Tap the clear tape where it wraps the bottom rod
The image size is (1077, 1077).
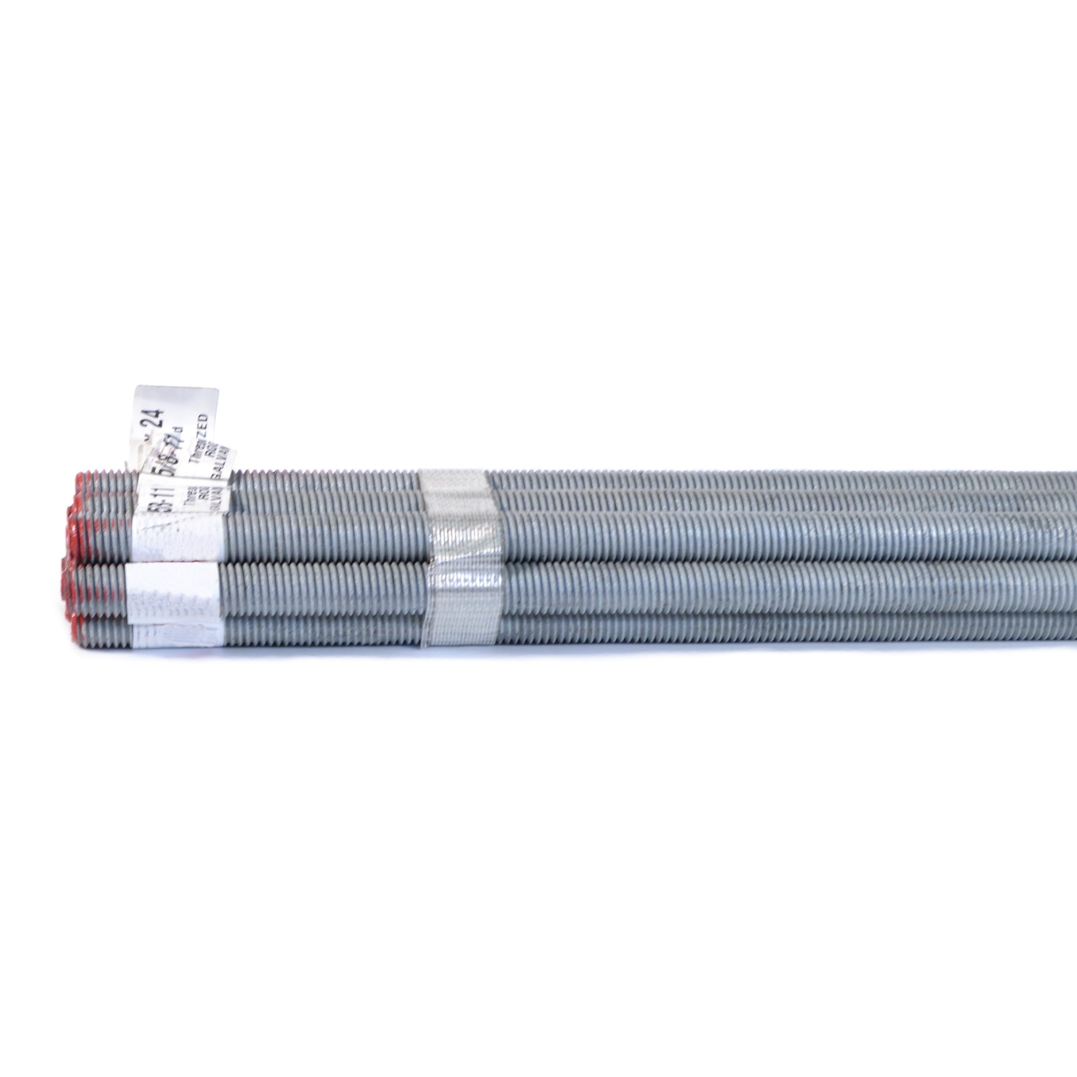460,632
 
